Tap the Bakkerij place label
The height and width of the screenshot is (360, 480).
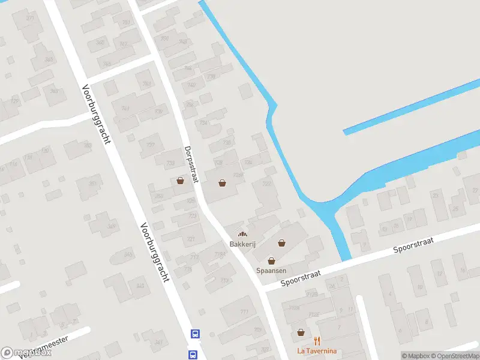242,244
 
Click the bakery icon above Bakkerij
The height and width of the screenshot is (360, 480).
242,235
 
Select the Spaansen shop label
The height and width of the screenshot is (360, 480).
271,271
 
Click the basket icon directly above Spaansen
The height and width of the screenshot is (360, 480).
271,261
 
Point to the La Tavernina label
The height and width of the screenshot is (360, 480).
317,351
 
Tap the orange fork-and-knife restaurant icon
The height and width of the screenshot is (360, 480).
317,341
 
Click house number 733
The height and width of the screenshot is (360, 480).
170,163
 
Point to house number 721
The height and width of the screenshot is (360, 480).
191,239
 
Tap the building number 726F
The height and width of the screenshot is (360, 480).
238,175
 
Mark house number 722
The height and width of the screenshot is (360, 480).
193,215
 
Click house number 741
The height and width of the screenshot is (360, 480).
125,108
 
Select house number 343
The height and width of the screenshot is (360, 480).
140,286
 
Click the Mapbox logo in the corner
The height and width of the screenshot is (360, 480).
26,353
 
